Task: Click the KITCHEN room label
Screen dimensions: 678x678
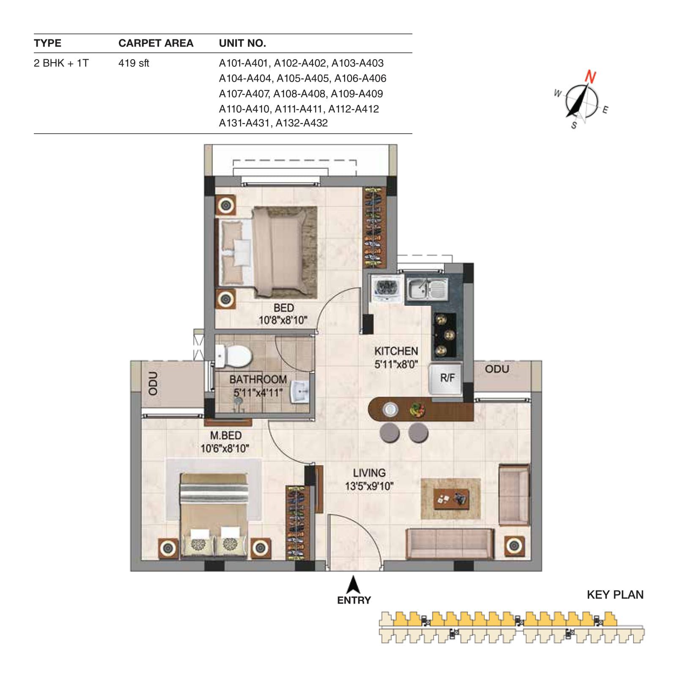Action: [x=396, y=351]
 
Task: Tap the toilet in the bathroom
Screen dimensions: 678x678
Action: [x=233, y=356]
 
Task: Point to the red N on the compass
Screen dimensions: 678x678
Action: [x=591, y=77]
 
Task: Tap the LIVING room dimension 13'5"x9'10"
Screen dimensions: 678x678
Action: [x=369, y=486]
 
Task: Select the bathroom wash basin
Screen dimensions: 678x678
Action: [x=300, y=392]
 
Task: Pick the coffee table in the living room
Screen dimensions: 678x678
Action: [x=451, y=499]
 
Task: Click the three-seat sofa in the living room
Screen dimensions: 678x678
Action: [x=450, y=543]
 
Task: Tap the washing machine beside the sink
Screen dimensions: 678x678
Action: [x=385, y=288]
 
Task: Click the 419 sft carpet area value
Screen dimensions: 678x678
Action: [x=134, y=63]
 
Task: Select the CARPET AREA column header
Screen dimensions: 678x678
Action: [x=156, y=43]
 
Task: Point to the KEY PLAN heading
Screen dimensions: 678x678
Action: [x=615, y=595]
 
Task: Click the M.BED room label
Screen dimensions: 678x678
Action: [x=226, y=435]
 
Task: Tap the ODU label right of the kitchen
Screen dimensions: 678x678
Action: [x=497, y=369]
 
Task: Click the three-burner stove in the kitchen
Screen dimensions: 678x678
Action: [x=444, y=335]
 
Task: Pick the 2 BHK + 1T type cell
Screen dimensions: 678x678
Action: [x=61, y=63]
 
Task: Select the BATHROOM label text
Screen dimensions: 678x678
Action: [x=258, y=379]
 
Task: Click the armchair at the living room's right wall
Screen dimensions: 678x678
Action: [x=514, y=494]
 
